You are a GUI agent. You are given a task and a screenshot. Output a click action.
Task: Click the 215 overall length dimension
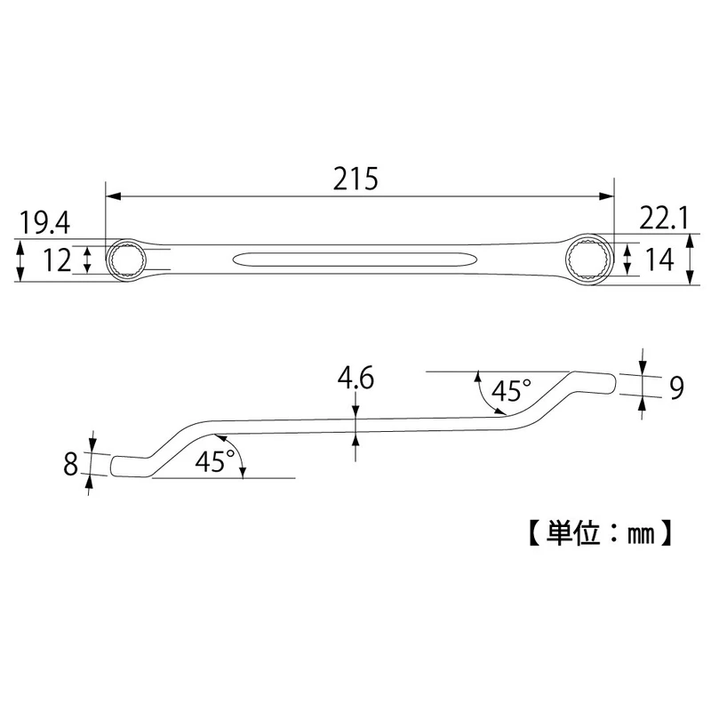(355, 179)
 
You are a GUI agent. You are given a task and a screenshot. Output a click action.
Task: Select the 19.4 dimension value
(44, 224)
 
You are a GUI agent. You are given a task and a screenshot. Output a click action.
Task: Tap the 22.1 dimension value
(664, 218)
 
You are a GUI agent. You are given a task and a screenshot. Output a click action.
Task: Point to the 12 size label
(57, 260)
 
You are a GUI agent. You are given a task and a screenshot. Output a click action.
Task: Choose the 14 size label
(659, 260)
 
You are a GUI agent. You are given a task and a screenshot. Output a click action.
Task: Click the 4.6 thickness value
(355, 378)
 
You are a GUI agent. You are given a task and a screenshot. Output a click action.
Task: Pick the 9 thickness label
(676, 387)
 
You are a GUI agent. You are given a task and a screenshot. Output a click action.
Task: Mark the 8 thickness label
(70, 464)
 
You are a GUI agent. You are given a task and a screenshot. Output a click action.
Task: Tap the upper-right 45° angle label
(511, 390)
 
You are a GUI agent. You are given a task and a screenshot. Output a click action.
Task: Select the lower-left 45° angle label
(215, 461)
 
